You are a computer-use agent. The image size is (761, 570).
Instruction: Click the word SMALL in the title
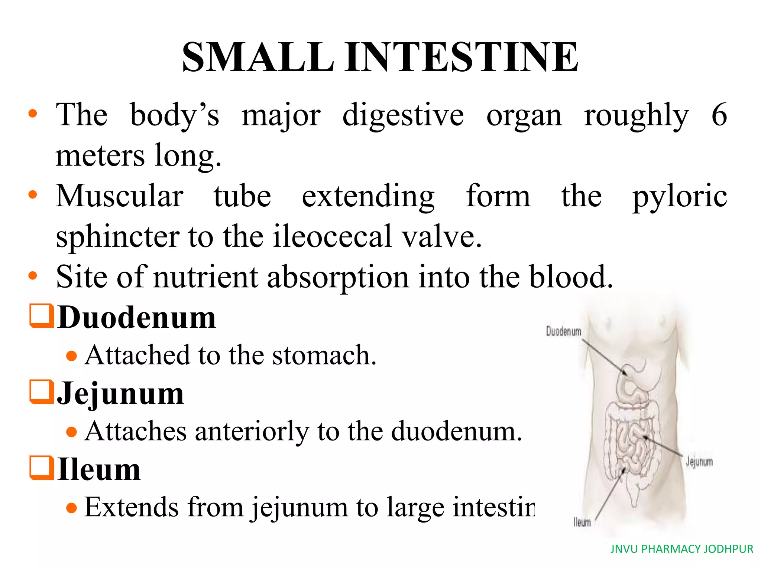coord(258,57)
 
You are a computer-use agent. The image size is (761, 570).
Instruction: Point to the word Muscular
coord(119,196)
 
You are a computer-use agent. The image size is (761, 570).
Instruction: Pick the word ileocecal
coord(333,236)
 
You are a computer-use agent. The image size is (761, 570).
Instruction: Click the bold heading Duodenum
coord(137,318)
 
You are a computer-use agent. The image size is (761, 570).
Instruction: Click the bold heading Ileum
coord(99,470)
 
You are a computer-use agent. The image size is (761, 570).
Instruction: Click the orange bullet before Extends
coord(71,507)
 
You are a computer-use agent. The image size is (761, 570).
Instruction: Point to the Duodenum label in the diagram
coord(563,331)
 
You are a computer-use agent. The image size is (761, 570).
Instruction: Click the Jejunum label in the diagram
coord(699,462)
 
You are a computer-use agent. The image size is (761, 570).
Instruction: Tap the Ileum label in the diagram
coord(582,522)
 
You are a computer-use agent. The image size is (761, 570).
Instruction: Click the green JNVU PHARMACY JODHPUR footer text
coord(681,549)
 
